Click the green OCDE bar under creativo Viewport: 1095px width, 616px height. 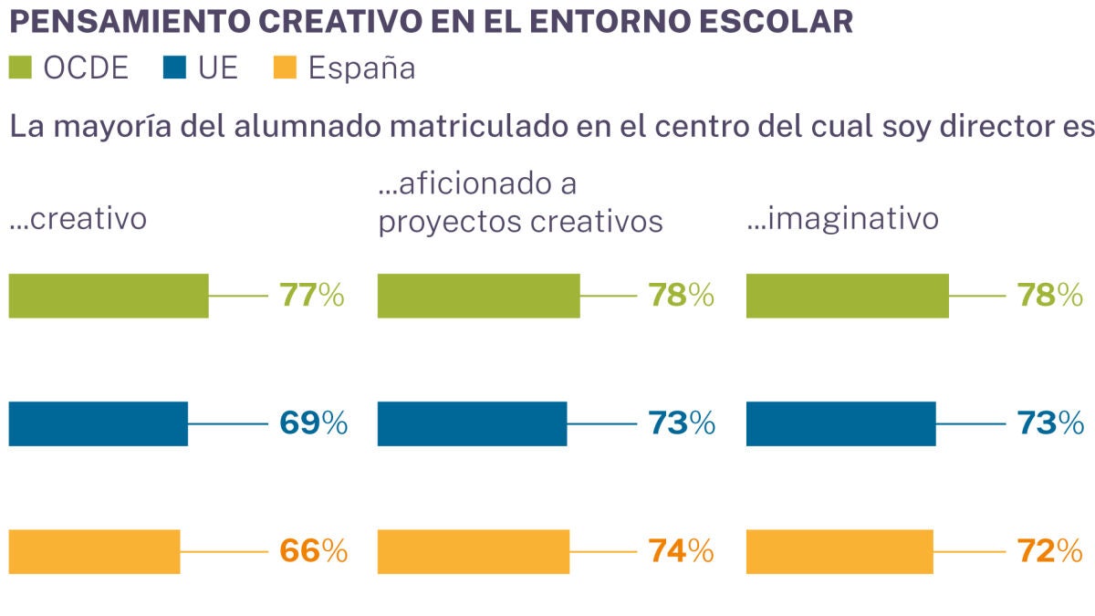(109, 296)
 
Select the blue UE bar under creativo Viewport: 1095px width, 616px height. (99, 423)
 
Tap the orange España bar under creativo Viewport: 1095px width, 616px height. (95, 551)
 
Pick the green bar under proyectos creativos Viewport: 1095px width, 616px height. (479, 296)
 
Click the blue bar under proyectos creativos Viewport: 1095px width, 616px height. (473, 423)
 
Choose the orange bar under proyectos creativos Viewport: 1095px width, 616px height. (474, 551)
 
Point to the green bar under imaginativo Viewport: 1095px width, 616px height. (848, 296)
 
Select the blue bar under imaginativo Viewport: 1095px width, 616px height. (841, 423)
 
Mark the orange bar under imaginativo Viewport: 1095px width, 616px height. (839, 551)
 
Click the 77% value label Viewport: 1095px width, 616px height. (312, 296)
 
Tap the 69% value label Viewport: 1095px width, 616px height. (314, 423)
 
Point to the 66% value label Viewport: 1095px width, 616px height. (314, 551)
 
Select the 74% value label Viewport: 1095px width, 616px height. (681, 551)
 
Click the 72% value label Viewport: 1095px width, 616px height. (1049, 551)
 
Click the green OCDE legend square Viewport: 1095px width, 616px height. (20, 68)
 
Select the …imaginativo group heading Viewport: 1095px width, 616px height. (842, 219)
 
